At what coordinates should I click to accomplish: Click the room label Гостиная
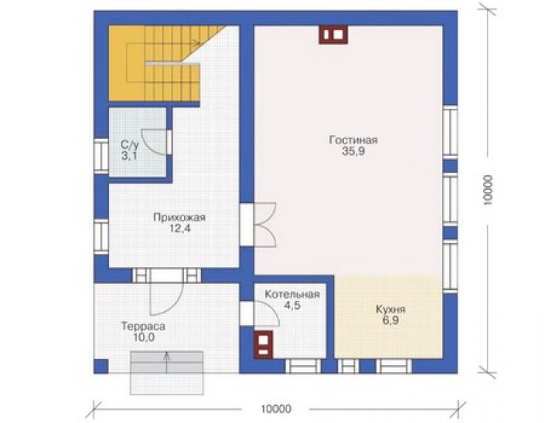click(x=353, y=140)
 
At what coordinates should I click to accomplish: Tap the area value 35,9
click(x=354, y=152)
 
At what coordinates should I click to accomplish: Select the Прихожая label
click(x=180, y=218)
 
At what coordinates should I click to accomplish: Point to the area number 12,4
click(x=180, y=229)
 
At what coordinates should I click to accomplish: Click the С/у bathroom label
click(x=130, y=144)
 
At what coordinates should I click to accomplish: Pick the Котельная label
click(x=292, y=294)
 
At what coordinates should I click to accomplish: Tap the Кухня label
click(x=390, y=310)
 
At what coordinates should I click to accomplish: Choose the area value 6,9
click(x=390, y=321)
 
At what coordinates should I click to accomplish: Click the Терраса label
click(x=143, y=327)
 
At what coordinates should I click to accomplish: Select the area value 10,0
click(x=144, y=337)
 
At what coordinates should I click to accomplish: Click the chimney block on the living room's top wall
click(x=334, y=35)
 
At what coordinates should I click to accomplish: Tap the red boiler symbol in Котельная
click(x=264, y=344)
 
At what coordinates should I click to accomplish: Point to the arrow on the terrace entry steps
click(x=167, y=363)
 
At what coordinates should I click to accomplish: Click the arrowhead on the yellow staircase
click(x=197, y=43)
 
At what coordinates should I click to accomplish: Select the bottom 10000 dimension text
click(x=276, y=409)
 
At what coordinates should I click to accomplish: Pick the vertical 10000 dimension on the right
click(x=488, y=190)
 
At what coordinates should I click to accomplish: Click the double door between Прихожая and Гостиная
click(x=265, y=224)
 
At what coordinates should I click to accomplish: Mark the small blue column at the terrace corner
click(x=101, y=366)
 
